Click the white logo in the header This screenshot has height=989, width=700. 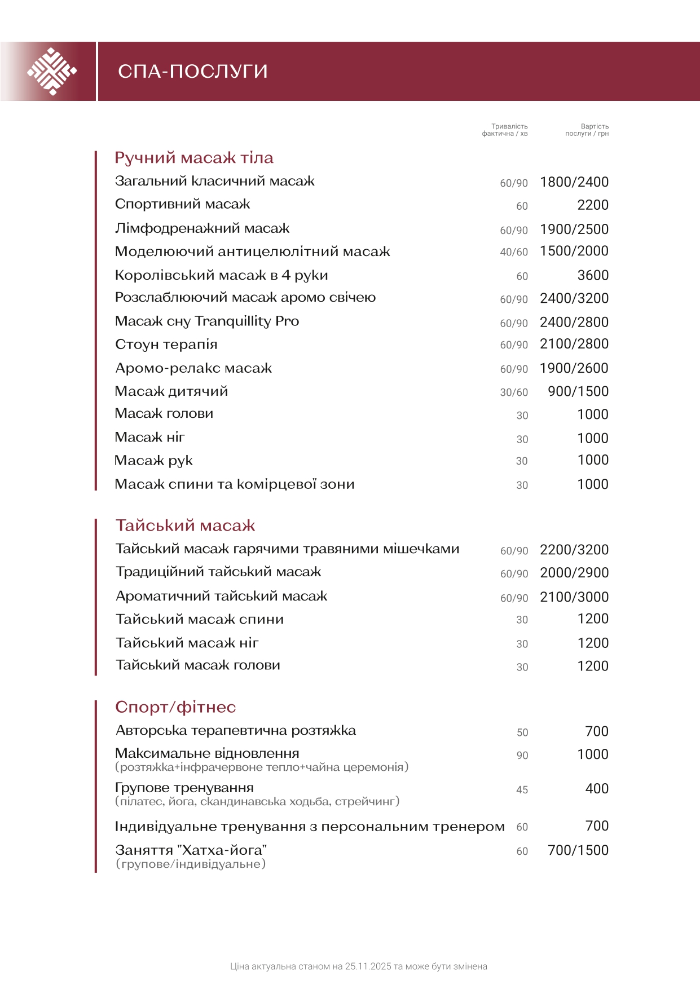tap(52, 72)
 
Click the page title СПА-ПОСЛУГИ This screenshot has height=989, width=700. tap(192, 72)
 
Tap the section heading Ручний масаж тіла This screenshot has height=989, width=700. tap(193, 158)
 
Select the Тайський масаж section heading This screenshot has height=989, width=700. tap(185, 526)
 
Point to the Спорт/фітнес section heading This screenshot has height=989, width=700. tap(175, 707)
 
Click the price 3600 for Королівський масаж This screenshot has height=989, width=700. tap(593, 275)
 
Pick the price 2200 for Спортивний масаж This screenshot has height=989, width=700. tap(593, 205)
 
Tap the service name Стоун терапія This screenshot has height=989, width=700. tap(166, 345)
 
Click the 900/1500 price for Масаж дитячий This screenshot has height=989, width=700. tap(578, 391)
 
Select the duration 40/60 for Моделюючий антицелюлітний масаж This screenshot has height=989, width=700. tap(514, 252)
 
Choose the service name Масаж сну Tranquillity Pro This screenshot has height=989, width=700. tap(207, 321)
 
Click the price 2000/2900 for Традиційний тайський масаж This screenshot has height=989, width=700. tap(574, 573)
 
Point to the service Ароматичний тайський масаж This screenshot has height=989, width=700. tap(221, 596)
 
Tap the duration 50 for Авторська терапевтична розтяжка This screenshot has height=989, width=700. tap(522, 732)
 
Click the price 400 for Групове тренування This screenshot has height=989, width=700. tap(597, 789)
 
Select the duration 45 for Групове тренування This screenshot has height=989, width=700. tap(522, 790)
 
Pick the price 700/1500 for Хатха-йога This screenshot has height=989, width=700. tap(578, 850)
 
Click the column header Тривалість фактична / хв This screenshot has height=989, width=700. tap(505, 130)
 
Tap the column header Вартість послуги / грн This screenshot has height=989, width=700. tap(587, 130)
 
